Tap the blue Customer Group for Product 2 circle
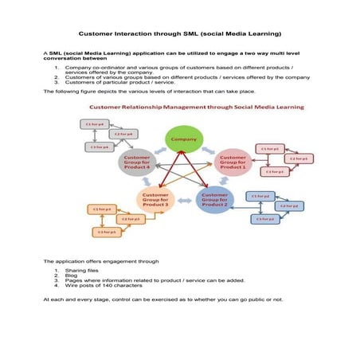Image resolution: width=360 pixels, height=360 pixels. point(214,198)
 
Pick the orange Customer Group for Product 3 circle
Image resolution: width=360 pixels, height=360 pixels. point(155,198)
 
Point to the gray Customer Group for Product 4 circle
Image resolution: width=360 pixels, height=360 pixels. point(136,162)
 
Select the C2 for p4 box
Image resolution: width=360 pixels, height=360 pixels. point(123,134)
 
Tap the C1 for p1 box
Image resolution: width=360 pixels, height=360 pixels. point(271,148)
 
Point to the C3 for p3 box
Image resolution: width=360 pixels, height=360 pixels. point(106,232)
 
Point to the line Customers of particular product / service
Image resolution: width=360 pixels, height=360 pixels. point(115,82)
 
